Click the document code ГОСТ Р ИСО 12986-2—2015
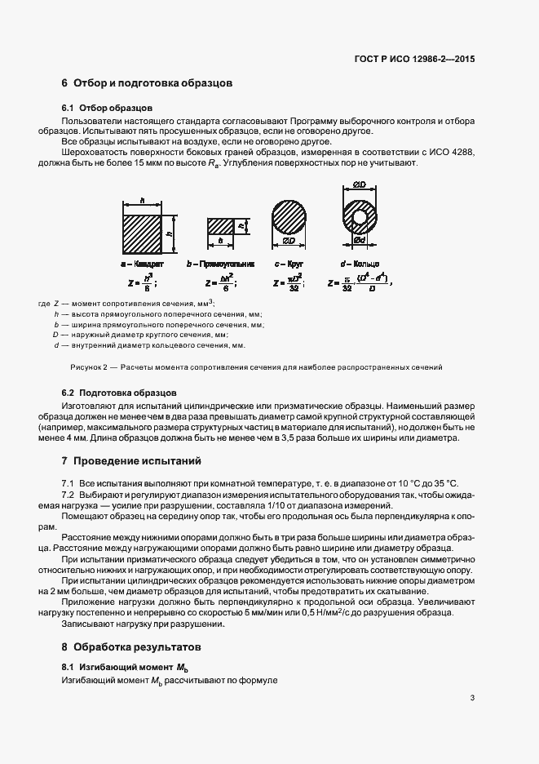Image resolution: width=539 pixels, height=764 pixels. tap(418, 59)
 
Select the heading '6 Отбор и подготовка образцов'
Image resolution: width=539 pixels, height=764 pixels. tap(148, 83)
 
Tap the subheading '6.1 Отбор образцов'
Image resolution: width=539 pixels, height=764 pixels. tap(107, 109)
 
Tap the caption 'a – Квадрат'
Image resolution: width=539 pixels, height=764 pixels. tap(142, 265)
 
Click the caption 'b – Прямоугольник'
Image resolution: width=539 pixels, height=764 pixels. tap(220, 265)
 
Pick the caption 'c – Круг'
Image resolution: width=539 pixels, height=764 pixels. tap(289, 265)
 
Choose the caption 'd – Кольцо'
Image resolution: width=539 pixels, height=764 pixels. tap(359, 265)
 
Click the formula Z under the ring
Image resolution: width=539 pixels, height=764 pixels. tap(360, 283)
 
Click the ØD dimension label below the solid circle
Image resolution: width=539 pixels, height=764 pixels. tap(289, 242)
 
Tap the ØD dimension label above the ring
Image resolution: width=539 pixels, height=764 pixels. tap(360, 187)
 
